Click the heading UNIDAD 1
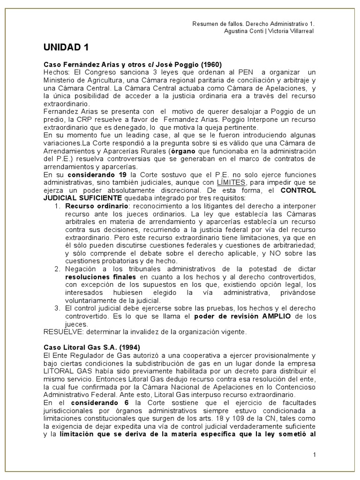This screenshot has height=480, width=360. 66,47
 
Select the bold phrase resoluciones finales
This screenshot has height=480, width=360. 93,277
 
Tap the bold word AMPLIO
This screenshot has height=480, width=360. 275,316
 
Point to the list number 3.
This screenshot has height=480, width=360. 57,308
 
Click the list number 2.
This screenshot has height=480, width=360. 57,269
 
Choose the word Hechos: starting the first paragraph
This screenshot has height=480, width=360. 56,72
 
